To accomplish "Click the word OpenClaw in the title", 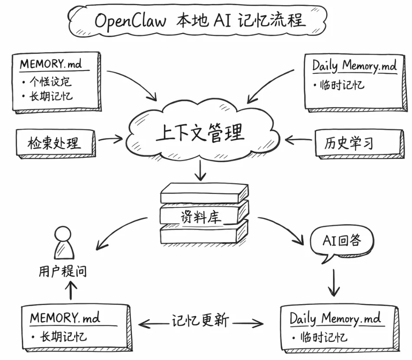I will coord(130,21).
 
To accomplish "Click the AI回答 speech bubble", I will coord(342,241).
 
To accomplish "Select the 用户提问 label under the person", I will coord(63,272).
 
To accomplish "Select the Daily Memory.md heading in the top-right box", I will coord(354,66).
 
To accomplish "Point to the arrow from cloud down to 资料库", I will coord(200,170).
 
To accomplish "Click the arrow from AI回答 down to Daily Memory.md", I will coord(334,282).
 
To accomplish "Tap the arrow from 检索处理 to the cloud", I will coord(111,140).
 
